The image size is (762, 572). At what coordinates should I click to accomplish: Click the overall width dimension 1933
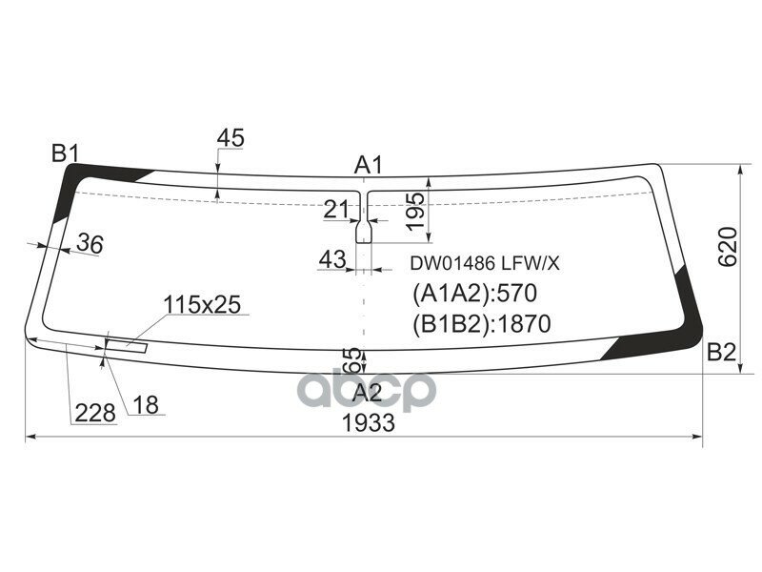point(369,423)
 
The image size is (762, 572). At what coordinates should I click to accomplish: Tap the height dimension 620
point(728,246)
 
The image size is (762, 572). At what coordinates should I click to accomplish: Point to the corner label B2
point(721,353)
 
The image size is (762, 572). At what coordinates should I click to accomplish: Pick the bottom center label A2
point(367,393)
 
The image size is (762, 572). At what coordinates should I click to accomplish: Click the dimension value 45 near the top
point(231,138)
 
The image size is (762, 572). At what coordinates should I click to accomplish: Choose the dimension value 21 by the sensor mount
point(336,210)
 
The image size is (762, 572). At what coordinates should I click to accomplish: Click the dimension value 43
point(331,258)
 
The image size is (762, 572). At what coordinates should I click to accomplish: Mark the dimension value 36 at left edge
point(90,244)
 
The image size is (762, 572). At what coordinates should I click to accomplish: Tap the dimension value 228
point(95,413)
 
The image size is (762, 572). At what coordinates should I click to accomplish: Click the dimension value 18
point(145,405)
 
